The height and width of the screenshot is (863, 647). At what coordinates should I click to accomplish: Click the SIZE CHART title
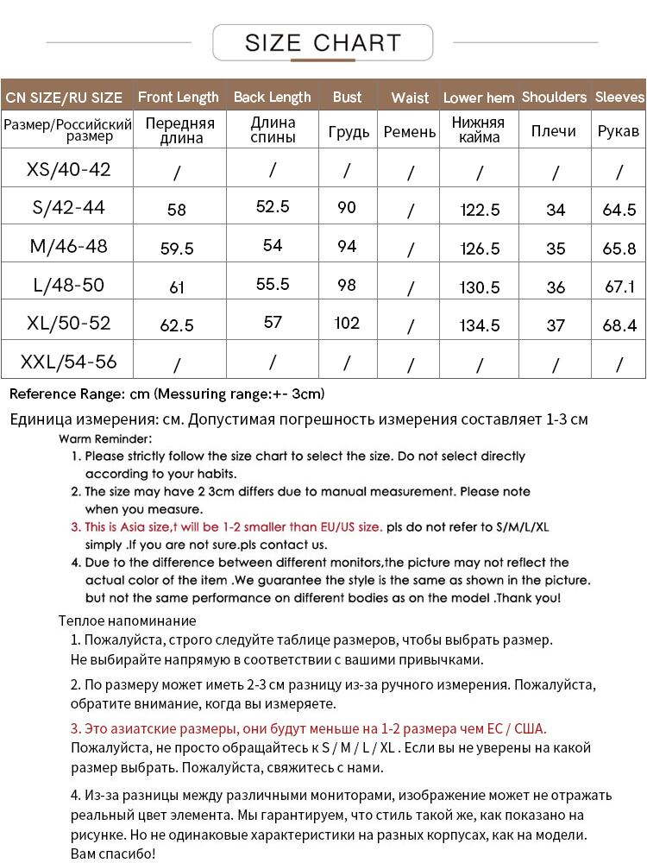coord(323,42)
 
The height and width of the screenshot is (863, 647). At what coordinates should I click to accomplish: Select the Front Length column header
coord(179,97)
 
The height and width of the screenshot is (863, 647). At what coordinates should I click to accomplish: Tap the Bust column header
coord(348,97)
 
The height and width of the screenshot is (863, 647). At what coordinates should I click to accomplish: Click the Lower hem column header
coord(479,98)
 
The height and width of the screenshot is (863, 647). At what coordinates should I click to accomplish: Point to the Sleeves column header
coord(619,97)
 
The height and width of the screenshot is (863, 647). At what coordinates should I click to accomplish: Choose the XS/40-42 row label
coord(69,169)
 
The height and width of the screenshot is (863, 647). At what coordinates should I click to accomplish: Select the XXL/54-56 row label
coord(69,361)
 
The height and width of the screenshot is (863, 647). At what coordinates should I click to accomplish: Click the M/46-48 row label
coord(69,246)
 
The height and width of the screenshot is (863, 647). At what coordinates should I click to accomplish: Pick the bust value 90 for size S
coord(347,207)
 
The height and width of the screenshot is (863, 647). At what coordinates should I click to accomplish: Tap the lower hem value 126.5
coord(481,249)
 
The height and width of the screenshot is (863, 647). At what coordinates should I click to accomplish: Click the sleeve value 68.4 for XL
coord(619,325)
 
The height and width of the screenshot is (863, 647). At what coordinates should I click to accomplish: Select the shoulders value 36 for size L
coord(556,287)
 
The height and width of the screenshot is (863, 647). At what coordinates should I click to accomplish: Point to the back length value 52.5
coord(273,207)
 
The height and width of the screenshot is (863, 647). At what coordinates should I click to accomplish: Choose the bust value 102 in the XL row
coord(347,323)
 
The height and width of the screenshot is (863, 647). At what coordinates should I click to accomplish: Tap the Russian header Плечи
coord(554,131)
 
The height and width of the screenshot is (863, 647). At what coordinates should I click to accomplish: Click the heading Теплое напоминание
coord(128,620)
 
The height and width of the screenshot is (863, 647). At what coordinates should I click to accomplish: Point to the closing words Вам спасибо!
coord(113,854)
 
